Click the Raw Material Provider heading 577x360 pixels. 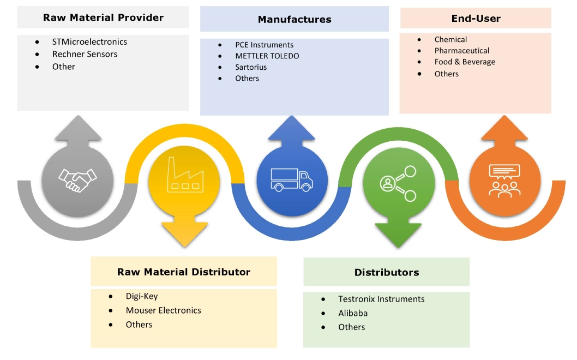coord(103,17)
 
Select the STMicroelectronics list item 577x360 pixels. coord(90,41)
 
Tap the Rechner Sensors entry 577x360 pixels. coord(85,54)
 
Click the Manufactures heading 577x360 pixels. coord(294,19)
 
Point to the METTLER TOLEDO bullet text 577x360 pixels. coord(267,56)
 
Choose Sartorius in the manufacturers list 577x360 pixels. coord(251,67)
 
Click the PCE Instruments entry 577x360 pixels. coord(265,45)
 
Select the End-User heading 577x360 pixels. coord(476,18)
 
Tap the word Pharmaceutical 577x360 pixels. coord(462,51)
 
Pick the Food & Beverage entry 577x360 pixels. coord(465,62)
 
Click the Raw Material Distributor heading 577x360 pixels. coord(184,272)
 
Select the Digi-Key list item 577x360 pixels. coord(142,296)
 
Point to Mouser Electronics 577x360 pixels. coord(164,310)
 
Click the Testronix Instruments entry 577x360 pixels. coord(381,299)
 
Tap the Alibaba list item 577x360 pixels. coord(353,313)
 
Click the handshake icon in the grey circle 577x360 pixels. coord(77,179)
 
